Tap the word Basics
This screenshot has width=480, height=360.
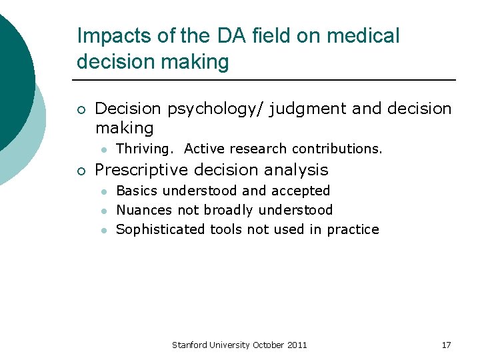pyautogui.click(x=137, y=191)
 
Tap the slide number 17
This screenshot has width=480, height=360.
pyautogui.click(x=446, y=345)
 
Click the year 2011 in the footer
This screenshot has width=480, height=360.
pyautogui.click(x=297, y=345)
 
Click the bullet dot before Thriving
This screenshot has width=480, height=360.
pyautogui.click(x=105, y=149)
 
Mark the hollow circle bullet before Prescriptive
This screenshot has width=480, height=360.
pyautogui.click(x=80, y=171)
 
